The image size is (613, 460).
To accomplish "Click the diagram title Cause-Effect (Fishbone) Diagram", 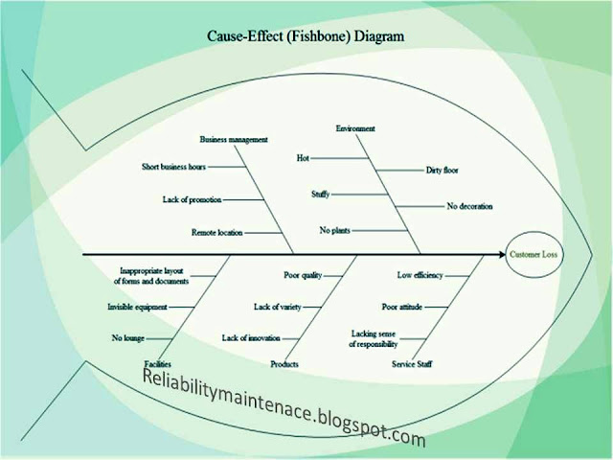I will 306,36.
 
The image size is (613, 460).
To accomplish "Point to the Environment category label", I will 355,128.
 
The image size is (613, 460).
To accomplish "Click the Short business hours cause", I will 173,167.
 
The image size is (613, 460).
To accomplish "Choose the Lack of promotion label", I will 193,199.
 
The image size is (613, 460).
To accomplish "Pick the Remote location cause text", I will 216,232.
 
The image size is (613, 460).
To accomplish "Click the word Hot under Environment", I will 304,155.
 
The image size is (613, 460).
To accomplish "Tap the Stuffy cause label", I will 320,194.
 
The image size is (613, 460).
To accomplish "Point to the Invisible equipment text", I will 137,307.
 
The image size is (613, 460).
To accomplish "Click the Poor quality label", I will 302,275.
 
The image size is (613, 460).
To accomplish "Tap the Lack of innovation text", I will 251,338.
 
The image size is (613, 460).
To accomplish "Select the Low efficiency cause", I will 420,275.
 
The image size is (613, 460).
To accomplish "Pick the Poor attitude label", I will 402,307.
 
